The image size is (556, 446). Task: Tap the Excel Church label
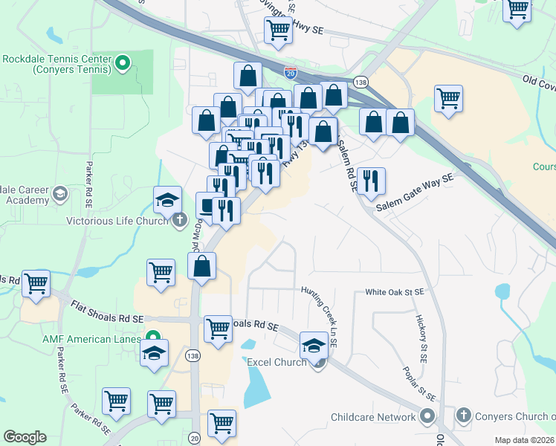277,362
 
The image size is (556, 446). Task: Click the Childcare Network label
374,417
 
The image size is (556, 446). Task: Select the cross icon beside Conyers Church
463,415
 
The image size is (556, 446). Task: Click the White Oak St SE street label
394,293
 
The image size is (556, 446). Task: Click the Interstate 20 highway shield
291,73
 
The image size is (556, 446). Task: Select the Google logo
25,437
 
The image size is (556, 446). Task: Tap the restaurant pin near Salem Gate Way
370,181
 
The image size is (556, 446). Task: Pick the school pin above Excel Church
314,346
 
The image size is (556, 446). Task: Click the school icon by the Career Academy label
59,195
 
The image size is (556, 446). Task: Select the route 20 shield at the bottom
194,438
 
